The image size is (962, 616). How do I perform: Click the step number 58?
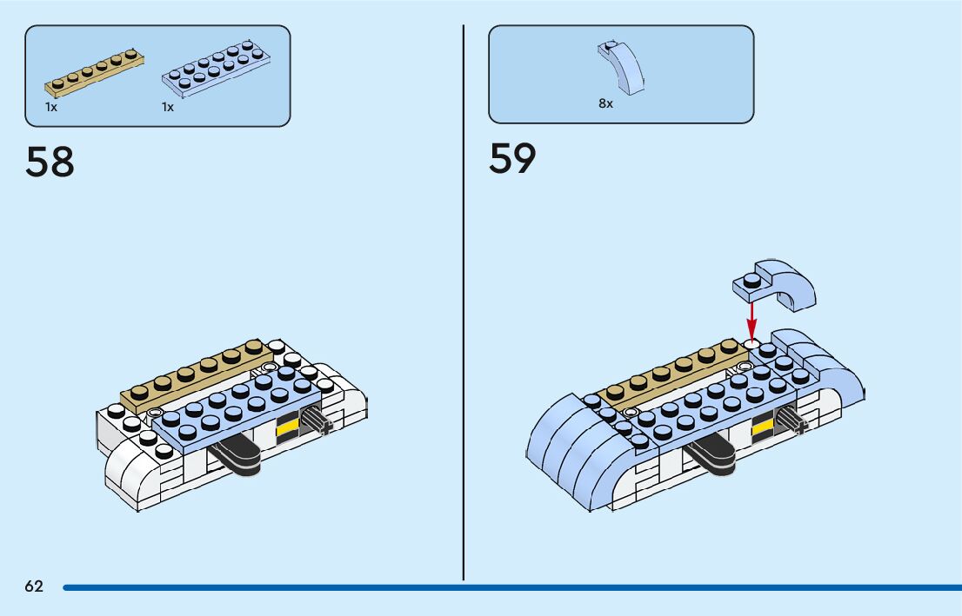click(50, 162)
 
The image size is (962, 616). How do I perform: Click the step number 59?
click(512, 158)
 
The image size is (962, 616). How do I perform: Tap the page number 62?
click(34, 586)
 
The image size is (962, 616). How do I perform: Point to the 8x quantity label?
click(605, 103)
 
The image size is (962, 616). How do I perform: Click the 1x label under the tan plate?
click(51, 107)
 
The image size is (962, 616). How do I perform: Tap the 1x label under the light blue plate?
click(168, 107)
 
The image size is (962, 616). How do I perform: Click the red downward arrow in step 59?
click(752, 318)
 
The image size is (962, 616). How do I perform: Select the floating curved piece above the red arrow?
click(777, 285)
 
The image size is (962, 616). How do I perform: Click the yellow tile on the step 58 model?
click(288, 427)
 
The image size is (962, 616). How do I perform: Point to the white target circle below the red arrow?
click(752, 344)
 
